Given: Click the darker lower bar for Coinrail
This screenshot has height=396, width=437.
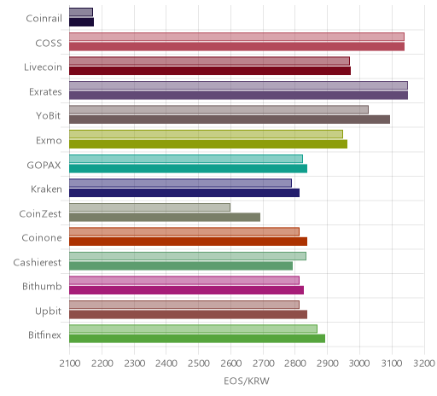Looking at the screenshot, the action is (81, 22).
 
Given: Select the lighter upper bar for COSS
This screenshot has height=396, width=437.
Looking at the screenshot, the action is (236, 37).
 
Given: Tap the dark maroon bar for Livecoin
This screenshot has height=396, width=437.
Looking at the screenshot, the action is (210, 71).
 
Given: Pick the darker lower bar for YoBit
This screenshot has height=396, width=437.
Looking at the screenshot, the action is (230, 119).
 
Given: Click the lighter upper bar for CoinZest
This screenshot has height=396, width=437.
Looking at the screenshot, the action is (149, 207).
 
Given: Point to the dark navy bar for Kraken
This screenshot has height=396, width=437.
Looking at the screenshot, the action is (184, 193).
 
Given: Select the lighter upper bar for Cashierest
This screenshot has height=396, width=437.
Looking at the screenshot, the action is (188, 256).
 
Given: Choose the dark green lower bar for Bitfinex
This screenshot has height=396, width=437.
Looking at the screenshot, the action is (197, 339).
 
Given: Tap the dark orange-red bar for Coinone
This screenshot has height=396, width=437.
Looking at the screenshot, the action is (188, 242).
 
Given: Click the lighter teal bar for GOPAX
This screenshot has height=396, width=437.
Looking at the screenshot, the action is (186, 159).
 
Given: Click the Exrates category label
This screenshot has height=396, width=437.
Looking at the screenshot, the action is (45, 92).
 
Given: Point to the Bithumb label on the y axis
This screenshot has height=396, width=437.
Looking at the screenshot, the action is (42, 286).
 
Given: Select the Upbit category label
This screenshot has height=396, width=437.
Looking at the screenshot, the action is (48, 311).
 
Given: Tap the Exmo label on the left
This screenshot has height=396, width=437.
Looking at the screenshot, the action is (49, 141).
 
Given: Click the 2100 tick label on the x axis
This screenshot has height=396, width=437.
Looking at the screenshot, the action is (70, 364).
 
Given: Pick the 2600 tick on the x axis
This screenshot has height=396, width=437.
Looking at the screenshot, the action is (231, 364).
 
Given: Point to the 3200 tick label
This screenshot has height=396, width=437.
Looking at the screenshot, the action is (424, 364).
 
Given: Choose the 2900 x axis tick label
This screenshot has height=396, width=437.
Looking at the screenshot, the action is (328, 364).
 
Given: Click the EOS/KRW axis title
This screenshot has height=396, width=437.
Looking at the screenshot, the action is (247, 381).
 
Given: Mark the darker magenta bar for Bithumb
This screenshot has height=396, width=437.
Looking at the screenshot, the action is (186, 290).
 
